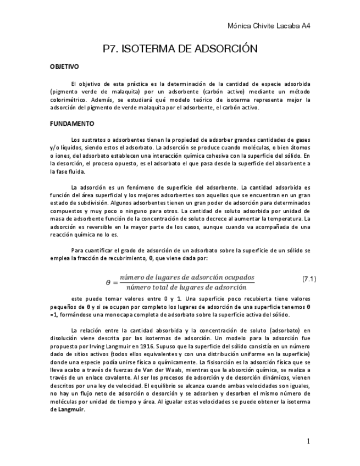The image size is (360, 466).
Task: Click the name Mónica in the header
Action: pyautogui.click(x=241, y=26)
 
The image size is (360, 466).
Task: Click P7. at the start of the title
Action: pyautogui.click(x=111, y=49)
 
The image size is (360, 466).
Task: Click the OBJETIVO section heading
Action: pyautogui.click(x=64, y=66)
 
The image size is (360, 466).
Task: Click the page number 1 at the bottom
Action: pyautogui.click(x=309, y=441)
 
